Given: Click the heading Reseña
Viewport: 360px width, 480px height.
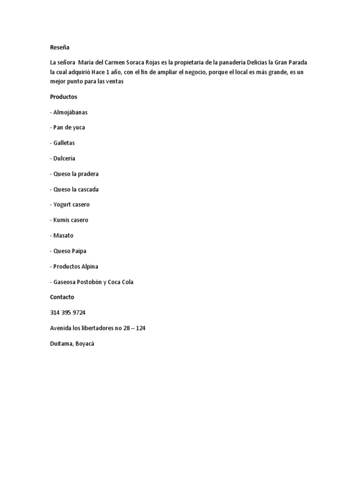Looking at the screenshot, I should coord(60,47).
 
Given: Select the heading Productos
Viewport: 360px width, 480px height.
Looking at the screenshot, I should coord(64,97).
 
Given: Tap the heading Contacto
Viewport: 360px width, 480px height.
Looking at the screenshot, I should coord(62,297).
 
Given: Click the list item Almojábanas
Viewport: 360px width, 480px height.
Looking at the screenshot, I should coord(70,112).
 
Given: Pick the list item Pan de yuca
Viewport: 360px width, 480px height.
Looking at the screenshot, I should coord(69,127).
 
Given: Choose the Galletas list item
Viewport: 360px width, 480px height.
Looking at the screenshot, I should coord(64,143).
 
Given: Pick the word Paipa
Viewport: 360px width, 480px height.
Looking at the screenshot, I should coord(79,251).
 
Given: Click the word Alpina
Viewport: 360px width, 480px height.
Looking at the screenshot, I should coord(89,267).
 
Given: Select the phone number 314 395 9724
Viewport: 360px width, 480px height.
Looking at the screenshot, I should coord(67,313).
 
